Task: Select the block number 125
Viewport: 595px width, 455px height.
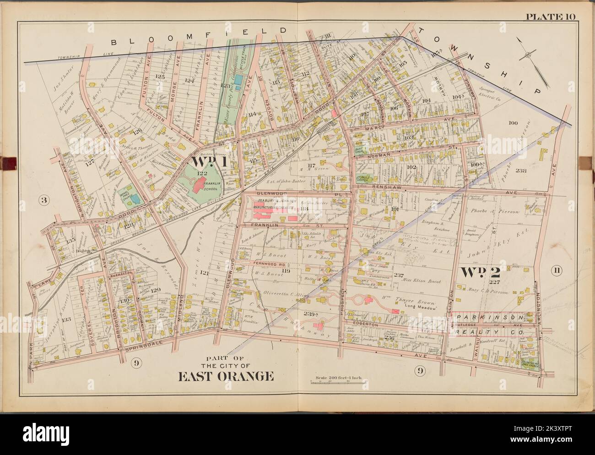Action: (x=159, y=76)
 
